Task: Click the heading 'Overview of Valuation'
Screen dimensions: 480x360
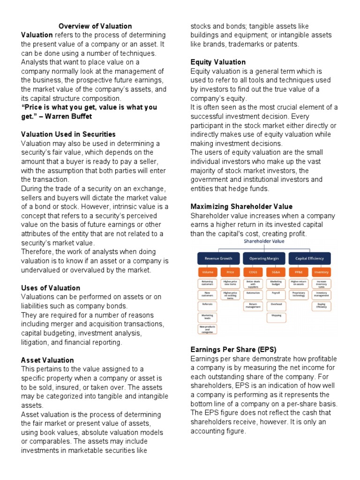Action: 95,26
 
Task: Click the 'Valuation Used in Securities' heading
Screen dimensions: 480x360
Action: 68,134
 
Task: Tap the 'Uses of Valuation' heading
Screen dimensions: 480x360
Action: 51,288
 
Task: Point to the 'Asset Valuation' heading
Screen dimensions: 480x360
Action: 47,360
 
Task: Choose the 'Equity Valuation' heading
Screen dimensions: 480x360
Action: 218,62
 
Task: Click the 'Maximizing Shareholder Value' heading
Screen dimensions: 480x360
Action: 241,206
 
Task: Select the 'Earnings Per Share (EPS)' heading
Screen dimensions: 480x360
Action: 233,350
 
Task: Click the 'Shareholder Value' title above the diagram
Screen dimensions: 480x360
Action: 263,241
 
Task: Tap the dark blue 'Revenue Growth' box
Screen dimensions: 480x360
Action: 218,258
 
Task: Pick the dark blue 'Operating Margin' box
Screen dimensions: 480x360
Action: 264,258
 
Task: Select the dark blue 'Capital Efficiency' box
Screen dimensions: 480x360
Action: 309,258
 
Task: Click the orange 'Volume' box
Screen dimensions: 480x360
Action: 207,272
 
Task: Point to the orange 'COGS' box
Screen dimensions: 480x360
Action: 253,272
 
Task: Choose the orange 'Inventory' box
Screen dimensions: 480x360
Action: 322,272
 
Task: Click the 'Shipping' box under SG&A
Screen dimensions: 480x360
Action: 276,315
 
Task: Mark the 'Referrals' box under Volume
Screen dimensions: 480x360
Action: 207,304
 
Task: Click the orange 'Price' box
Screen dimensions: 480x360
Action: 230,272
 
